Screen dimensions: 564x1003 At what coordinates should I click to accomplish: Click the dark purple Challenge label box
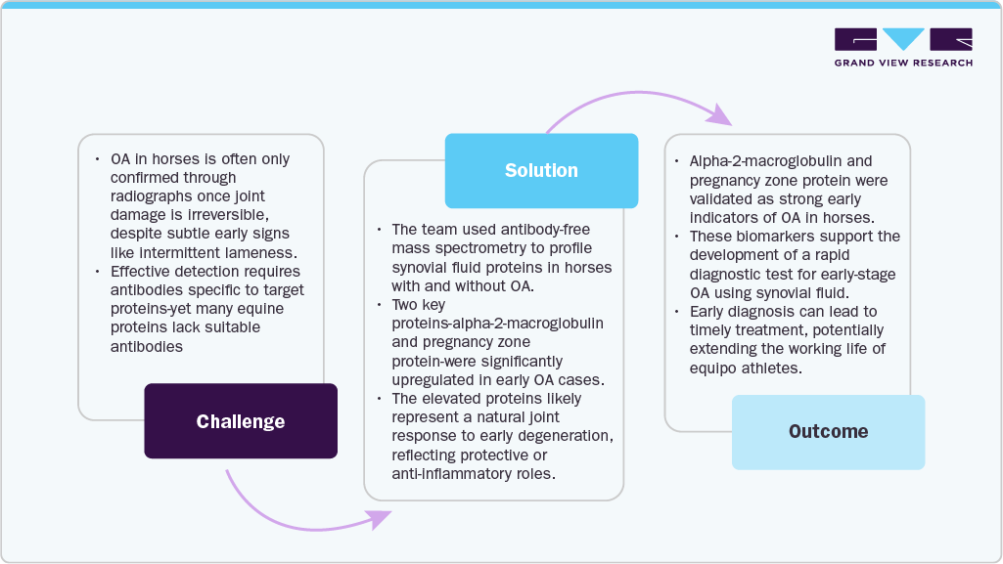tap(241, 421)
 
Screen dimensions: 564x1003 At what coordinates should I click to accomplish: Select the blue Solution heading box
tap(541, 170)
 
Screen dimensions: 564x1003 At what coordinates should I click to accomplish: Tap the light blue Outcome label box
tap(828, 431)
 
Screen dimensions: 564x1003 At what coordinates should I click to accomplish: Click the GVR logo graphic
tap(903, 40)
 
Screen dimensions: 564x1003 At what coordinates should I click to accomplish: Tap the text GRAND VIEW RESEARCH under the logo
tap(903, 64)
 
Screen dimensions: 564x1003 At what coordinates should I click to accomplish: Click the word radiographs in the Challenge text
tap(146, 196)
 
